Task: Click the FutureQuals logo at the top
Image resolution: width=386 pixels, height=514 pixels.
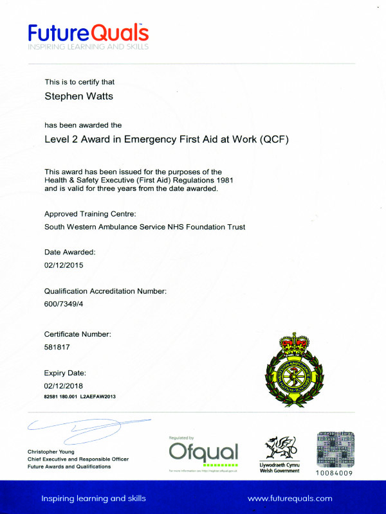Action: click(x=89, y=35)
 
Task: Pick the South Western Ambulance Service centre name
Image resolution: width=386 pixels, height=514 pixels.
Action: click(x=145, y=227)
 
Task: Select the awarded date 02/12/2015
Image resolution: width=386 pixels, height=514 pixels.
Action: click(x=64, y=265)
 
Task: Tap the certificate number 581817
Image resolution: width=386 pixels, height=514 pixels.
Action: click(x=57, y=347)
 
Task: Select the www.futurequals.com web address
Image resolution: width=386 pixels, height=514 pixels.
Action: click(x=289, y=498)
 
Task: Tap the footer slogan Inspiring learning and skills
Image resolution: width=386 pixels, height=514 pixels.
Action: click(x=93, y=498)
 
